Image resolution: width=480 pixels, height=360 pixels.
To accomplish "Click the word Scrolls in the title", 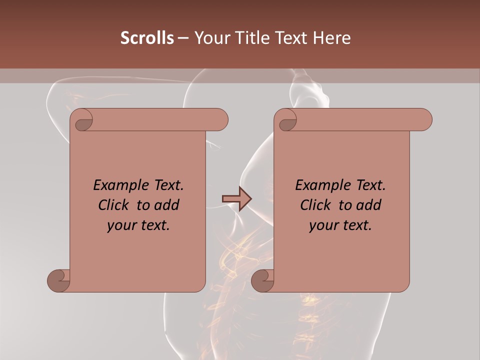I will point(147,38).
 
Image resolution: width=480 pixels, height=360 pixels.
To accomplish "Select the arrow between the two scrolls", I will point(236,199).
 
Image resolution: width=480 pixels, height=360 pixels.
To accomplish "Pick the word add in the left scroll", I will point(167,205).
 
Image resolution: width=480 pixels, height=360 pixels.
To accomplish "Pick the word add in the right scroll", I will point(369,205).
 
